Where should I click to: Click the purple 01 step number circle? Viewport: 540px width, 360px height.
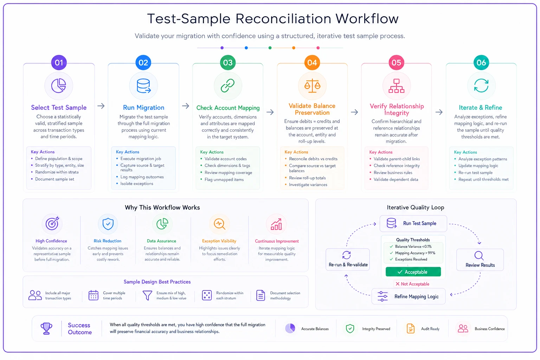[59, 63]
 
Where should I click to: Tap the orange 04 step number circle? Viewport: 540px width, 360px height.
[312, 63]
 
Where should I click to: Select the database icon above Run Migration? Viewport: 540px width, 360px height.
[144, 86]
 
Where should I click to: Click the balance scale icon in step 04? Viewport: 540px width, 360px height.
[312, 86]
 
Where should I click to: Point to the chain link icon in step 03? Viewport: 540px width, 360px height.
[227, 85]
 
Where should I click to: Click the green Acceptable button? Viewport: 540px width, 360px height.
[413, 272]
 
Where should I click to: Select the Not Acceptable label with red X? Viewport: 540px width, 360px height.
[412, 284]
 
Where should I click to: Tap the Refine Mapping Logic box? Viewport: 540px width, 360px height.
[409, 296]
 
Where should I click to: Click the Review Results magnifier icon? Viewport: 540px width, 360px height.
[479, 256]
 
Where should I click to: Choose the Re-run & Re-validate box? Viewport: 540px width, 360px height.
[348, 259]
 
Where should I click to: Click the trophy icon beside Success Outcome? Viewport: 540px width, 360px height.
[46, 328]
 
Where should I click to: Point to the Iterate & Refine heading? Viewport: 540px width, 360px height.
[481, 108]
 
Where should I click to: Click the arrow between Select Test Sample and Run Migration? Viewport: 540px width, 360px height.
[101, 106]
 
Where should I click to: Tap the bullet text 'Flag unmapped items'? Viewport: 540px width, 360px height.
[224, 179]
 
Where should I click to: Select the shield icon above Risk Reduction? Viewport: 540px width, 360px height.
[108, 224]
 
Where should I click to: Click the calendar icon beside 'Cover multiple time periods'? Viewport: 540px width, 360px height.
[93, 295]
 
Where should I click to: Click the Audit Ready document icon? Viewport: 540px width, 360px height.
[411, 328]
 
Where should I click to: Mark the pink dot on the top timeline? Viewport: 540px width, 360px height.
[318, 48]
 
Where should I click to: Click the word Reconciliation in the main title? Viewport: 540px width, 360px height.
[283, 19]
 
